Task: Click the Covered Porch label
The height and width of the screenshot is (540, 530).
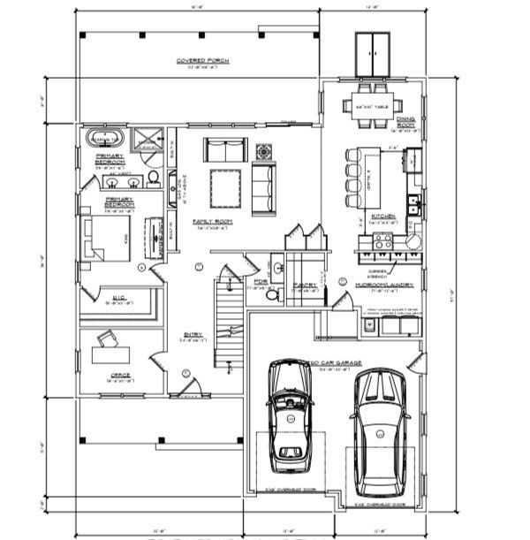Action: click(203, 61)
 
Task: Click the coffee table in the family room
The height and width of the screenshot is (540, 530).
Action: click(224, 186)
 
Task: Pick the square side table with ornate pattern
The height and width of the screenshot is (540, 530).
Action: click(264, 151)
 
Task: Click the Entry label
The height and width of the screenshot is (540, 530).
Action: click(193, 334)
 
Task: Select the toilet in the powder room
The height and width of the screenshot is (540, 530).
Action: click(273, 296)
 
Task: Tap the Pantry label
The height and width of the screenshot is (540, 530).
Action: click(306, 285)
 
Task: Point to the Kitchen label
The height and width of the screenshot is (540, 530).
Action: click(384, 216)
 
